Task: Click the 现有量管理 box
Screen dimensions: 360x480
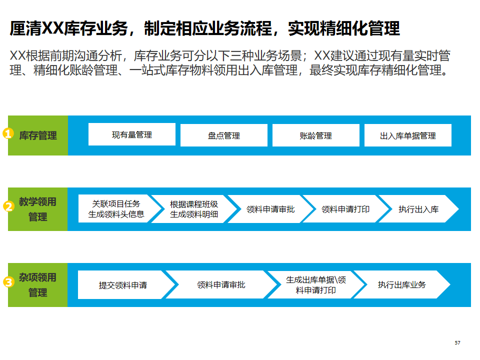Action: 132,134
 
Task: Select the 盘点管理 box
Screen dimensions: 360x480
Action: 224,135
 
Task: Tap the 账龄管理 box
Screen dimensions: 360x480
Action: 316,135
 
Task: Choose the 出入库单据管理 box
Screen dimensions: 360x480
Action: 408,135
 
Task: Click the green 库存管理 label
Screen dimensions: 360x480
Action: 38,135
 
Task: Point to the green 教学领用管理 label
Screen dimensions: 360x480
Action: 38,209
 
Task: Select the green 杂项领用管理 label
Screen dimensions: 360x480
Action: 38,284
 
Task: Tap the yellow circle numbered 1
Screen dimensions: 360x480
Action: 8,134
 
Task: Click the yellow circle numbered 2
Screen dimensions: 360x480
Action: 8,207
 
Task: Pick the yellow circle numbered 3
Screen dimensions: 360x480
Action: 8,282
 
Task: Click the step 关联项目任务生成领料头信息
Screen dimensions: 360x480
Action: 116,209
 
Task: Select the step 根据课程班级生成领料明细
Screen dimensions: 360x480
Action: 194,209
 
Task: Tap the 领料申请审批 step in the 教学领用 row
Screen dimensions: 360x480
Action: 270,209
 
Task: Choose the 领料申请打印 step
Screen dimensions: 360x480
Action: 345,209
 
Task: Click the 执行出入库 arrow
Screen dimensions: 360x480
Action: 419,209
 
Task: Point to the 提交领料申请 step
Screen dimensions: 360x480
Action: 123,285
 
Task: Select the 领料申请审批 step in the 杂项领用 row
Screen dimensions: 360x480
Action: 221,285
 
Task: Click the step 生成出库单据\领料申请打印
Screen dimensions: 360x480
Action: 315,285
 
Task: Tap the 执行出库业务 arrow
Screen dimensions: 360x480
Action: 402,285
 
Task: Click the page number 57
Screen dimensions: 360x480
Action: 457,342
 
